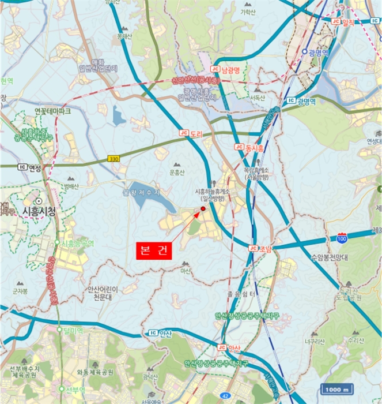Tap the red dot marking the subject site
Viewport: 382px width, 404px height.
203,208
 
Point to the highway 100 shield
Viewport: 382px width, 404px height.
343,238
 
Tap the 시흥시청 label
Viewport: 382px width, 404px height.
39,211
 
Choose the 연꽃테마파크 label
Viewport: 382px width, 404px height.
52,110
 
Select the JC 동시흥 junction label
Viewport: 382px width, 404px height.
248,148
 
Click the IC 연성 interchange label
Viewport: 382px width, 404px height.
30,167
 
